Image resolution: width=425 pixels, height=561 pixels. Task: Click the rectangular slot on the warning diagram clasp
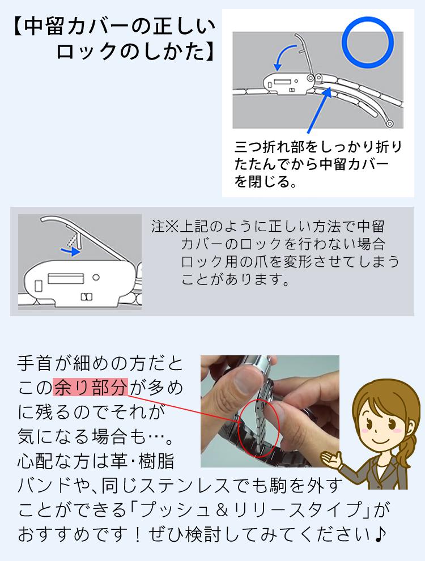(66, 279)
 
